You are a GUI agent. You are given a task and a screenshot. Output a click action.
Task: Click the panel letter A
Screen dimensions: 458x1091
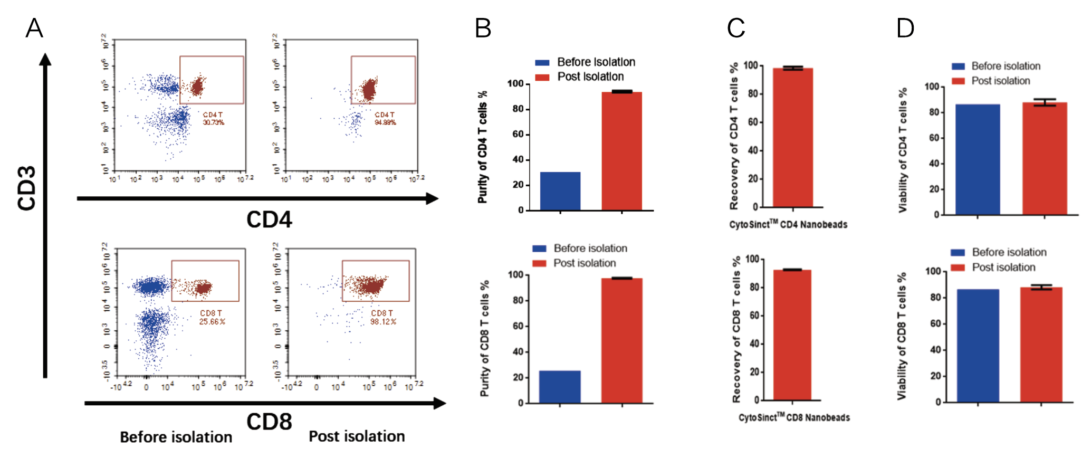click(x=34, y=27)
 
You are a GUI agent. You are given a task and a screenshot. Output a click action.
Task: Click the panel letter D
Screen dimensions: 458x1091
click(x=905, y=28)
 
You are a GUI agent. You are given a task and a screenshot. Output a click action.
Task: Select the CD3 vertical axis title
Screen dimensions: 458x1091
click(x=26, y=188)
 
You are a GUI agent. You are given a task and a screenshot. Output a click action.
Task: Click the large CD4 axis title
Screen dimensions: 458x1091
click(x=269, y=220)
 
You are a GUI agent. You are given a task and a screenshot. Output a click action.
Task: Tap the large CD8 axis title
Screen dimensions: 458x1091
click(x=269, y=422)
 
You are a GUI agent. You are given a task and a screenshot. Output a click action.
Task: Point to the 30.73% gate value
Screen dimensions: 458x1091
click(x=214, y=122)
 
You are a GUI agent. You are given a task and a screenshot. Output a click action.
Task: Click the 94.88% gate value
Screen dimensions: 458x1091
click(x=385, y=122)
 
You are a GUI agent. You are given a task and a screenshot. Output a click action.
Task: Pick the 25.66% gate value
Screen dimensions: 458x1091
click(x=212, y=321)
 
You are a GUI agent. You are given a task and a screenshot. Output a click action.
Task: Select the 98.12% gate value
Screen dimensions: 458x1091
click(x=384, y=321)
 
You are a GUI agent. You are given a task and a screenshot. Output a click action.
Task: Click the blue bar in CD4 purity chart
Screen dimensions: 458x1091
click(x=560, y=191)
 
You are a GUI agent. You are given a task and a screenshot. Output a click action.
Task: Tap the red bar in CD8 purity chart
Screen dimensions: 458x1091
click(x=622, y=340)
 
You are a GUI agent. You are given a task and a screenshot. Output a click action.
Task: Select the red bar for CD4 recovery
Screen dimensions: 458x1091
click(x=792, y=137)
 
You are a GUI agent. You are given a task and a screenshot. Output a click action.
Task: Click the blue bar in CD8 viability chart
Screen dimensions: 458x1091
click(x=978, y=346)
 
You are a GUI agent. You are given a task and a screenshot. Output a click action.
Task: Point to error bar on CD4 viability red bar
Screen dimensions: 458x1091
click(x=1045, y=102)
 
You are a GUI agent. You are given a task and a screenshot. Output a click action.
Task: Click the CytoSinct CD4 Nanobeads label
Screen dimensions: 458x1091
click(x=788, y=224)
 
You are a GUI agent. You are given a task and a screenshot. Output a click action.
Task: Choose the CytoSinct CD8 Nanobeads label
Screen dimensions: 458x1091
click(x=794, y=417)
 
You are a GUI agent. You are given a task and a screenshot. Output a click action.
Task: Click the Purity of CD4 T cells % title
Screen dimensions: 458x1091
click(x=483, y=147)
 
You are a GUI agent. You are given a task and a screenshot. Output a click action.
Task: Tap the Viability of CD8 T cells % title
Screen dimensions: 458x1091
click(x=902, y=336)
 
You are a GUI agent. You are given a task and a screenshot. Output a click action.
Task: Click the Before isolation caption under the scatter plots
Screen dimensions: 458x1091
click(x=176, y=437)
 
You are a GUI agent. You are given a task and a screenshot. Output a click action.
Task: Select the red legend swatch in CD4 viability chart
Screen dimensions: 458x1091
click(x=958, y=81)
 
